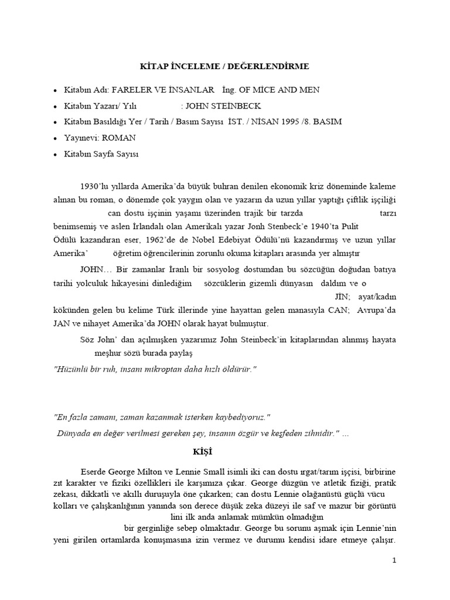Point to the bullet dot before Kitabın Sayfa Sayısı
point(55,155)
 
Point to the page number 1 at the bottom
point(394,560)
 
